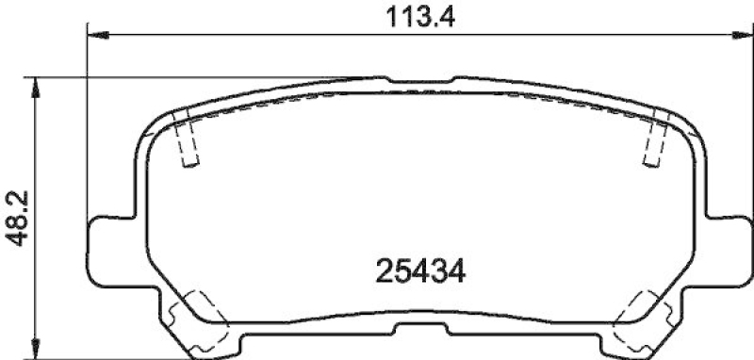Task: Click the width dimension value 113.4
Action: coord(415,18)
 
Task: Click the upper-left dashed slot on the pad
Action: coord(187,138)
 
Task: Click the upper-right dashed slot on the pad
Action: coord(652,138)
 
